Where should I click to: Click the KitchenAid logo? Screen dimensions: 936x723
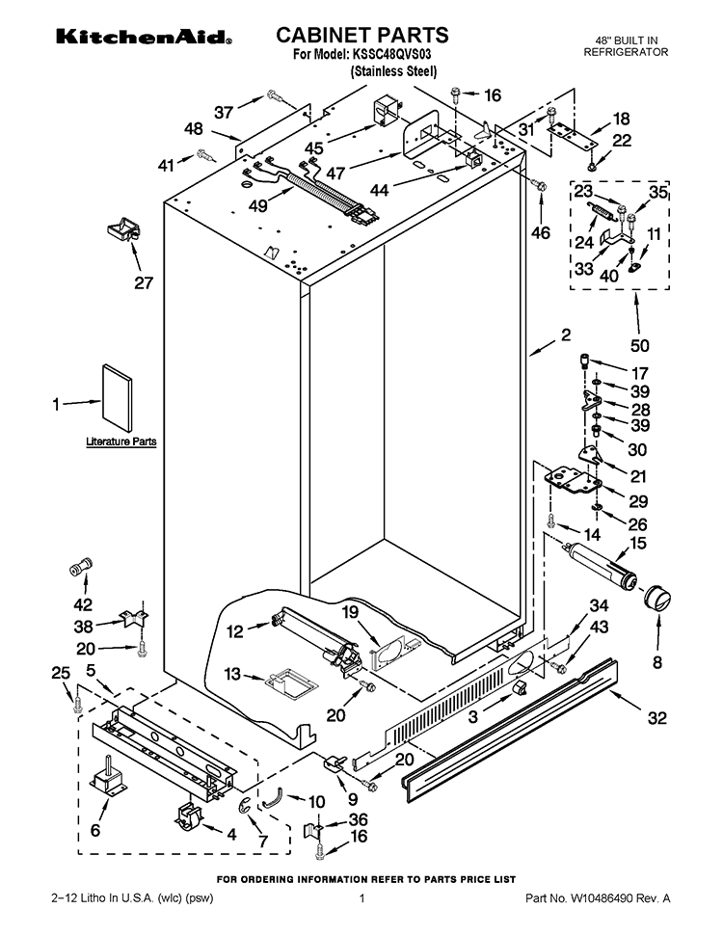143,39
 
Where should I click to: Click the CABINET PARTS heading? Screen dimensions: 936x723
361,36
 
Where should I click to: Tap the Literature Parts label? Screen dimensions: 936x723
120,441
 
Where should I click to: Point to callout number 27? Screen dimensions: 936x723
143,283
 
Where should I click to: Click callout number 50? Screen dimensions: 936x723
639,345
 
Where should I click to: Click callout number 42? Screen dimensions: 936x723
83,605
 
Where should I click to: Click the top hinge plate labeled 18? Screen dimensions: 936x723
575,136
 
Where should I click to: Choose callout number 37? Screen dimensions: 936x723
224,112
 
